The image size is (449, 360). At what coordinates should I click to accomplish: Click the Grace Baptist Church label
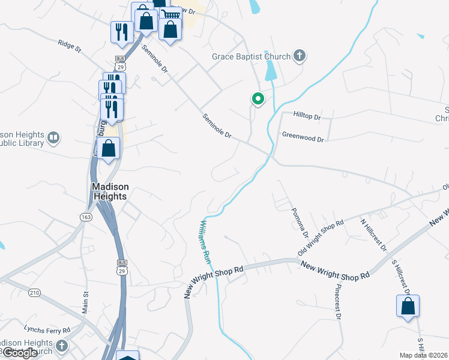pyautogui.click(x=251, y=57)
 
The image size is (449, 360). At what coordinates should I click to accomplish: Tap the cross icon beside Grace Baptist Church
pyautogui.click(x=300, y=57)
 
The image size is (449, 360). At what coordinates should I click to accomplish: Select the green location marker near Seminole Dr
pyautogui.click(x=258, y=99)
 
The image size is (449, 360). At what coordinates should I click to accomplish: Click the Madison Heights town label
pyautogui.click(x=109, y=191)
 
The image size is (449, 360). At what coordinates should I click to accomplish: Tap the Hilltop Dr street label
pyautogui.click(x=307, y=114)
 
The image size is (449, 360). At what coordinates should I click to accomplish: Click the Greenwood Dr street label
pyautogui.click(x=303, y=137)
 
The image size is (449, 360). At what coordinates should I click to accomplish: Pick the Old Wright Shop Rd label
pyautogui.click(x=321, y=237)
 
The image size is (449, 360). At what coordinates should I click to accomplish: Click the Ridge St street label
pyautogui.click(x=70, y=46)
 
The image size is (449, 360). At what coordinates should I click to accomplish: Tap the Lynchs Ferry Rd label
pyautogui.click(x=47, y=329)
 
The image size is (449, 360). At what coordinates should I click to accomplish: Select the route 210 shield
pyautogui.click(x=34, y=292)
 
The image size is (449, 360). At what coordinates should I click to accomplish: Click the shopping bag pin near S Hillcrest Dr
pyautogui.click(x=408, y=306)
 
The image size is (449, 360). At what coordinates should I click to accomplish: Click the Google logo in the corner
pyautogui.click(x=19, y=353)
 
